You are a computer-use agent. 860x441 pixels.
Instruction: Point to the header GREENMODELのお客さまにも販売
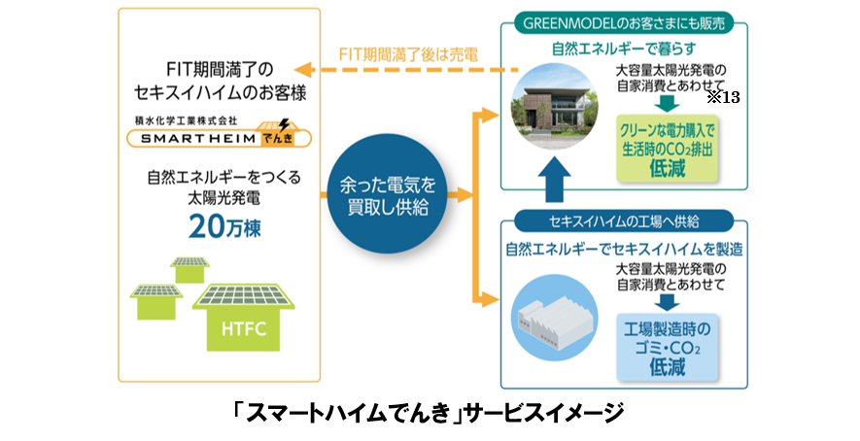(x=624, y=24)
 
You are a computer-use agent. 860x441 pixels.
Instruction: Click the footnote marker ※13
(x=723, y=97)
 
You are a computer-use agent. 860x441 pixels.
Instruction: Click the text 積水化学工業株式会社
(x=188, y=119)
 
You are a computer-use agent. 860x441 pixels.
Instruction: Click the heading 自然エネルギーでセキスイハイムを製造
(x=624, y=249)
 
